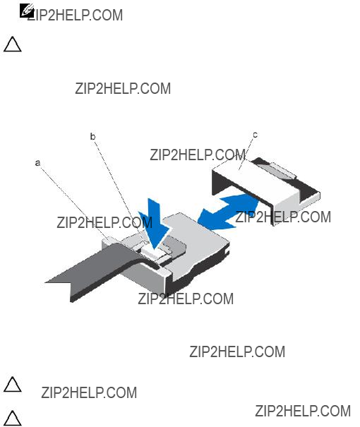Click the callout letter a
point(38,163)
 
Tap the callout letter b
point(93,136)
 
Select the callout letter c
point(255,135)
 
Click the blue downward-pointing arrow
point(155,223)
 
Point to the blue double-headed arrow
point(228,211)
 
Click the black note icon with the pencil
point(27,11)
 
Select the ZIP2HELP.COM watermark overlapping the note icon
point(75,15)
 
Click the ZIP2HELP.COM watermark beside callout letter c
point(198,155)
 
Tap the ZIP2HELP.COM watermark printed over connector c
point(283,217)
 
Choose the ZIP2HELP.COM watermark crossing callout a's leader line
point(104,222)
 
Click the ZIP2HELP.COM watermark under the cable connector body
point(186,299)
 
